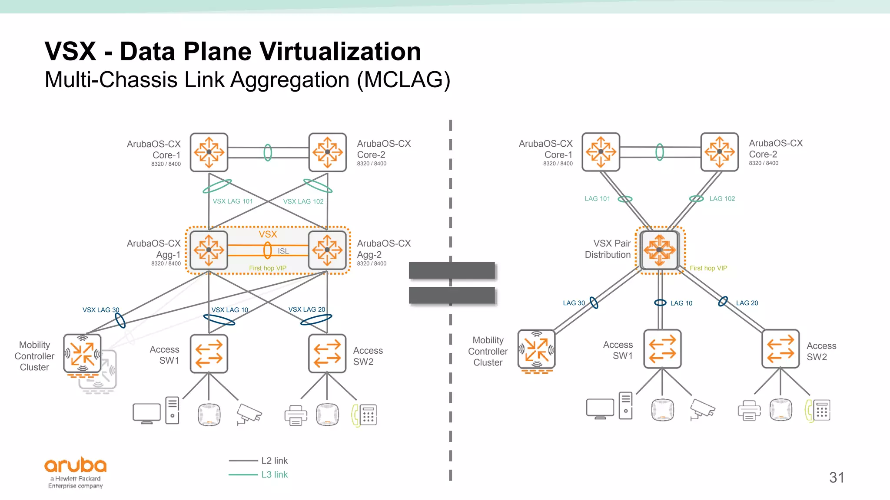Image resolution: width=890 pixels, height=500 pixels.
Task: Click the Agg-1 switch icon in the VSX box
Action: (x=209, y=250)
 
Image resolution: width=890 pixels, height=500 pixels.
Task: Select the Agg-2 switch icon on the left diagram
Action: (x=327, y=250)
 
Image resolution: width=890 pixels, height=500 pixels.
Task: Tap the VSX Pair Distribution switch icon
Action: (x=660, y=250)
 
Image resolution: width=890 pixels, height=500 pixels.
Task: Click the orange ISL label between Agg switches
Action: (x=283, y=251)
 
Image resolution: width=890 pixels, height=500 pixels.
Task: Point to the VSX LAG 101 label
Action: (x=232, y=201)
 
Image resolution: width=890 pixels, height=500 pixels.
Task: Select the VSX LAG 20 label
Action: (x=306, y=309)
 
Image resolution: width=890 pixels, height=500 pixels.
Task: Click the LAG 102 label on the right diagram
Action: (x=722, y=199)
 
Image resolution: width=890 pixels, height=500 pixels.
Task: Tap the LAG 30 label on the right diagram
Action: (x=574, y=303)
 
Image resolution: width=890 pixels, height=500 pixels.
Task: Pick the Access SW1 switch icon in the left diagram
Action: (x=209, y=353)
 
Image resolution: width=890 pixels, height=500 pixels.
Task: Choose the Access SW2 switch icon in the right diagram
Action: (x=780, y=349)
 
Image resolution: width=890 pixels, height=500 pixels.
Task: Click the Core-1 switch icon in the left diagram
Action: (x=209, y=152)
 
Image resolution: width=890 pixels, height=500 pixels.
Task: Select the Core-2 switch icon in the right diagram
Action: (x=719, y=152)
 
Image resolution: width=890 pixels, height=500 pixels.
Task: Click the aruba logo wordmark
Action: (x=75, y=465)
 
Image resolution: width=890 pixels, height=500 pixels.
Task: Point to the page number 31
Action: (x=837, y=477)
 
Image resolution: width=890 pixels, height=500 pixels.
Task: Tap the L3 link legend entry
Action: (x=274, y=475)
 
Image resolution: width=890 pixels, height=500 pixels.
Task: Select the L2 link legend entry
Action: (x=274, y=461)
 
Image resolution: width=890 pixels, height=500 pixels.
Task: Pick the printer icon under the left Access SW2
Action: (x=296, y=415)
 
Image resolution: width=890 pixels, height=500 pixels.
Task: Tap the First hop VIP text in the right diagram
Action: (x=708, y=268)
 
